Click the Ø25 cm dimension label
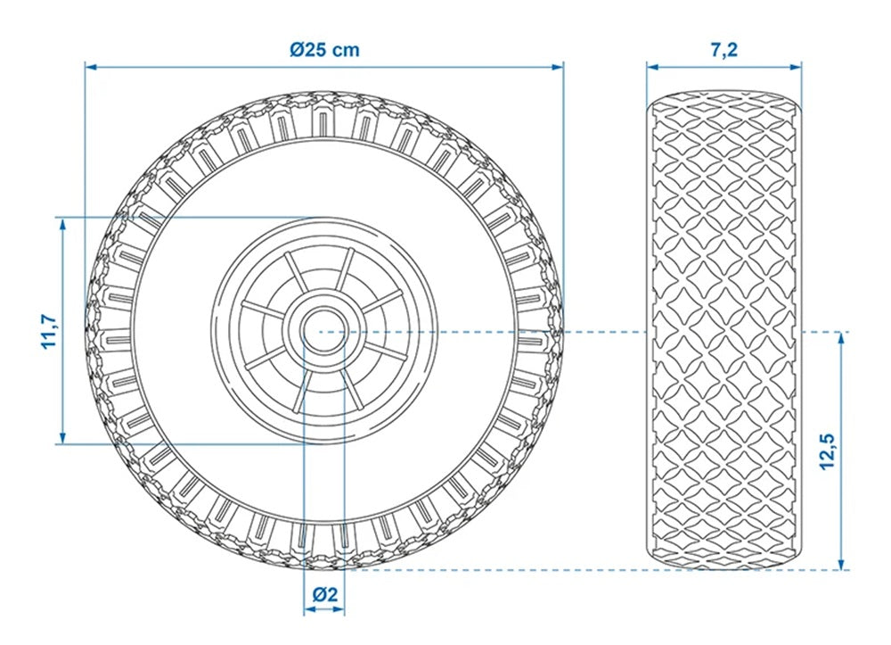tap(324, 49)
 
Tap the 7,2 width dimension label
tap(723, 49)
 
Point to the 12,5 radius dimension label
tap(828, 451)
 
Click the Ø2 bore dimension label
tap(325, 594)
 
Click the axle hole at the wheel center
tap(324, 331)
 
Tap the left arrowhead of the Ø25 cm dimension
tap(90, 67)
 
